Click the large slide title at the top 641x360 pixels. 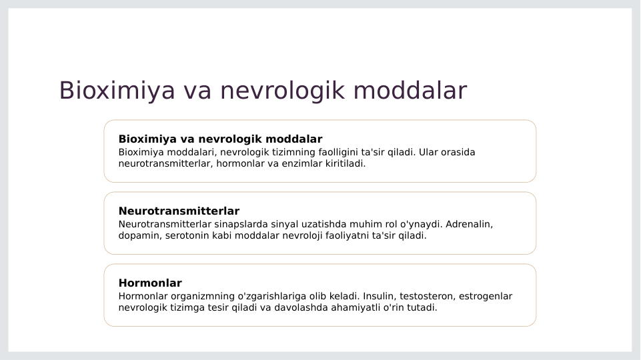pos(263,91)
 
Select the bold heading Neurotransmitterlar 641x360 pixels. pos(179,211)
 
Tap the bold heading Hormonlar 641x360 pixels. pos(150,283)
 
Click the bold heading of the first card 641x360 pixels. pos(220,139)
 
